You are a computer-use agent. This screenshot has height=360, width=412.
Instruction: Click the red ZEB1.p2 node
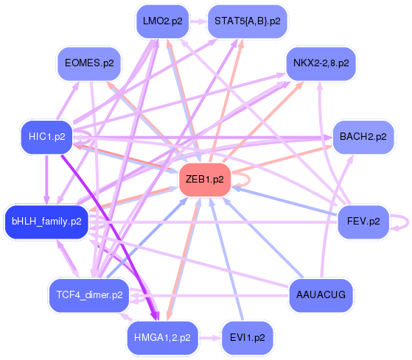[205, 180]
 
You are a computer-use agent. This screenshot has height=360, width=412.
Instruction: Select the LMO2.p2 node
[163, 21]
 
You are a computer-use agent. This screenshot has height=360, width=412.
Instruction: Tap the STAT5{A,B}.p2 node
[247, 21]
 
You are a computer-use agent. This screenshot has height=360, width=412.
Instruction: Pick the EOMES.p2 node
[89, 63]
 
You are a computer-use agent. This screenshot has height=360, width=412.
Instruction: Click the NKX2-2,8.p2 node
[321, 63]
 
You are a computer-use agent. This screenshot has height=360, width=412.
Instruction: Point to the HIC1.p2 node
[46, 137]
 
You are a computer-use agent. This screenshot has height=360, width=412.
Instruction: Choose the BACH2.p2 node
[363, 137]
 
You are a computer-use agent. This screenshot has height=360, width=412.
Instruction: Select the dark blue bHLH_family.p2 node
[46, 222]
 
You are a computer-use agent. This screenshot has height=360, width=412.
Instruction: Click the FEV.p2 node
[363, 222]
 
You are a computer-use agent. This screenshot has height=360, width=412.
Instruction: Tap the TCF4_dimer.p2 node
[89, 295]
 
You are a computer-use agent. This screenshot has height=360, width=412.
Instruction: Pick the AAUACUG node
[321, 295]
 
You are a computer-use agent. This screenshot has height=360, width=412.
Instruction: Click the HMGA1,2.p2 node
[162, 338]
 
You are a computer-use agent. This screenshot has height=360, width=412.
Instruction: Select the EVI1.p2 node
[247, 338]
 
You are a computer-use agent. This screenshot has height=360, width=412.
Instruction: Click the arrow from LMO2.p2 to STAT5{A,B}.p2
[198, 21]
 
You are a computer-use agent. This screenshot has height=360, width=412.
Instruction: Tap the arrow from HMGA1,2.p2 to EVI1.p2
[210, 338]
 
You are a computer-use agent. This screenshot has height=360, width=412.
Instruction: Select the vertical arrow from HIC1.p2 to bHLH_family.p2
[46, 180]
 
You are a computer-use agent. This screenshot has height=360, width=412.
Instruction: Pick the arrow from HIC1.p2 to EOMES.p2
[68, 101]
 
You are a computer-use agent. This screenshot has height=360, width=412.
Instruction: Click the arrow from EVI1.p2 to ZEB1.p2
[226, 259]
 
